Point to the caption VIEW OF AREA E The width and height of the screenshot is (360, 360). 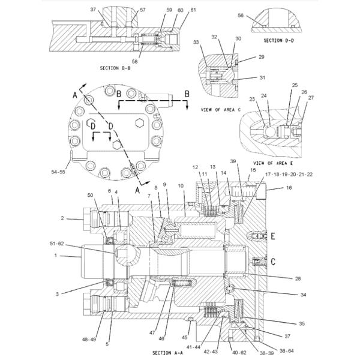tap(272, 163)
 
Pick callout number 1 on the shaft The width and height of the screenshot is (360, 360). tap(56, 256)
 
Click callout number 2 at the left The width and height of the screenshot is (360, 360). tap(62, 218)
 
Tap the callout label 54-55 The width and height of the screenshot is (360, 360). tap(59, 172)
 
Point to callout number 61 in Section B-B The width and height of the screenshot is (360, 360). tap(176, 10)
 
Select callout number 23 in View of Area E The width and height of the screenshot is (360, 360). tap(252, 100)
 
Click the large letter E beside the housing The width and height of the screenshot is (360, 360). tap(272, 236)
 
